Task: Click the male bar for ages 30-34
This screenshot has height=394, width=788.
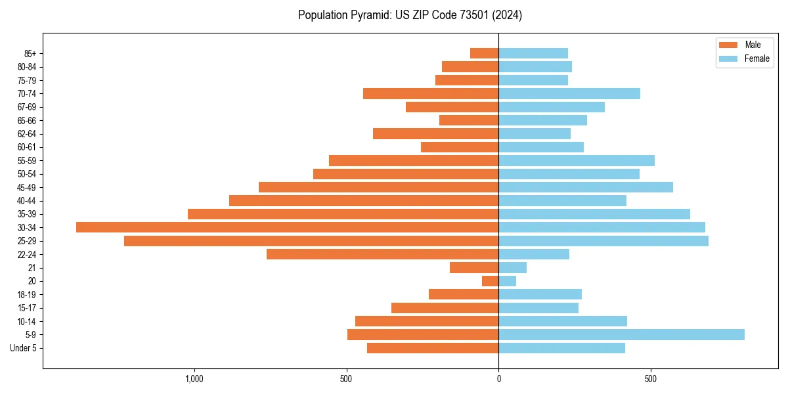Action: coord(287,227)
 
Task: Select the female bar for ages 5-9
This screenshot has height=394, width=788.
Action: coord(621,334)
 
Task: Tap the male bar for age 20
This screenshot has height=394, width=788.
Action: coord(490,281)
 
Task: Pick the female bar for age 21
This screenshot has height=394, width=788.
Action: coord(512,267)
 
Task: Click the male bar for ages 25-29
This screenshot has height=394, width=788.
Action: coord(311,241)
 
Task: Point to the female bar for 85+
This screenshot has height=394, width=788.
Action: coord(533,53)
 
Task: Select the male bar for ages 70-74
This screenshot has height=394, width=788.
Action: coord(431,94)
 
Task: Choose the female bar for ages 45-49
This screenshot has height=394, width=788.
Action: coord(586,187)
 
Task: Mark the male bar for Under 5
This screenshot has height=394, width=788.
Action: coord(433,348)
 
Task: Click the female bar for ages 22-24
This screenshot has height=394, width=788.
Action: coord(534,254)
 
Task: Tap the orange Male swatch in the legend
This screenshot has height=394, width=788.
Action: coord(728,45)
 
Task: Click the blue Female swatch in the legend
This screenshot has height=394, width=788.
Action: coord(728,58)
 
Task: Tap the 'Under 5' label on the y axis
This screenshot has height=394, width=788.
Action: coord(23,348)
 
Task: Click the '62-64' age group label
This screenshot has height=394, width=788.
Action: coord(27,134)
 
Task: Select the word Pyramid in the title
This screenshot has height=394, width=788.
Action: coord(367,15)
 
